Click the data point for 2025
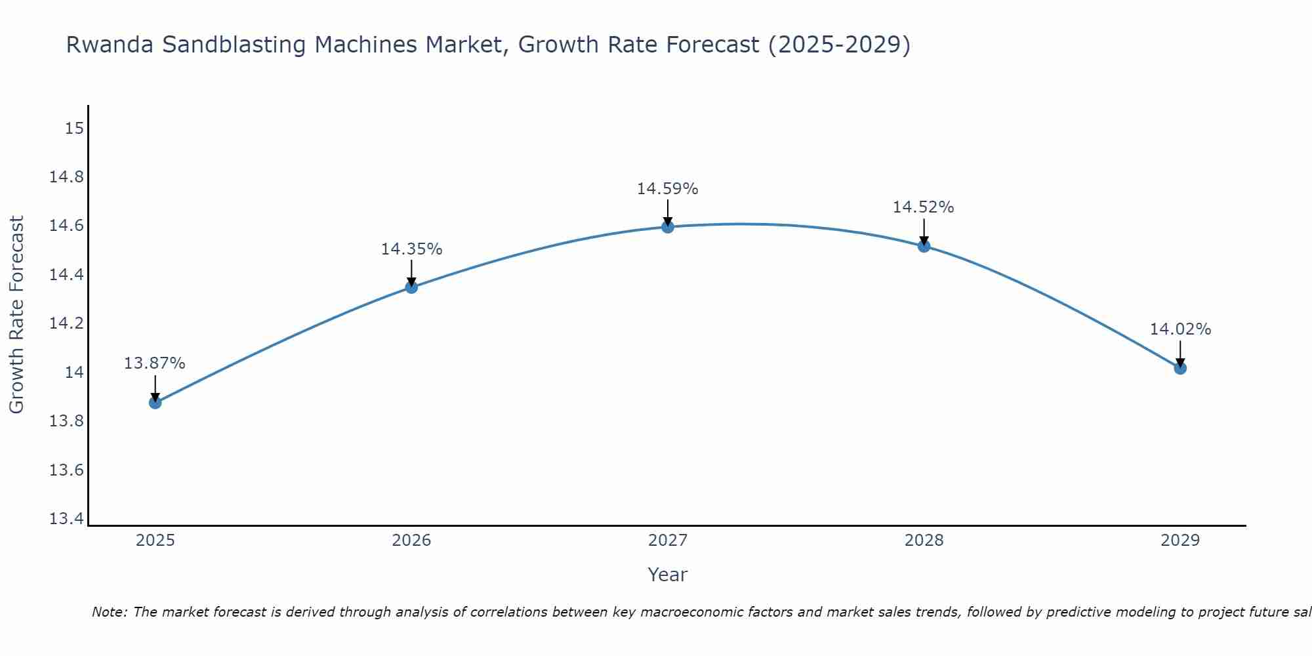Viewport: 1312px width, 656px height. point(155,402)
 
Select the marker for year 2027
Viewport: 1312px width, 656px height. point(668,227)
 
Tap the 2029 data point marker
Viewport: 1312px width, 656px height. point(1180,368)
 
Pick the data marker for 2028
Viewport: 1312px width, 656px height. point(924,246)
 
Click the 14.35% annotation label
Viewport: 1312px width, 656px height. point(411,249)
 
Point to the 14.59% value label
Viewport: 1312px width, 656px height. point(667,189)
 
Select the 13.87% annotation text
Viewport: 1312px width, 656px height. point(155,363)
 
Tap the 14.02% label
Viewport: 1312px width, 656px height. point(1180,329)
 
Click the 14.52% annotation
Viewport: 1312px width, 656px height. point(923,207)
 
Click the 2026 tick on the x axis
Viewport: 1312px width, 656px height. point(411,541)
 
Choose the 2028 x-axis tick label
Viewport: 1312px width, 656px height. point(924,541)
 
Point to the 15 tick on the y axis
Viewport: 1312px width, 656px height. point(74,128)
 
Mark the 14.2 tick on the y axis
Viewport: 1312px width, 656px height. point(67,323)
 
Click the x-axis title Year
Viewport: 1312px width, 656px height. point(667,575)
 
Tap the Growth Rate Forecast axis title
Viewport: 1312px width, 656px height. point(16,315)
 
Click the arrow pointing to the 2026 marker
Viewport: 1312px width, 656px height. point(411,273)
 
